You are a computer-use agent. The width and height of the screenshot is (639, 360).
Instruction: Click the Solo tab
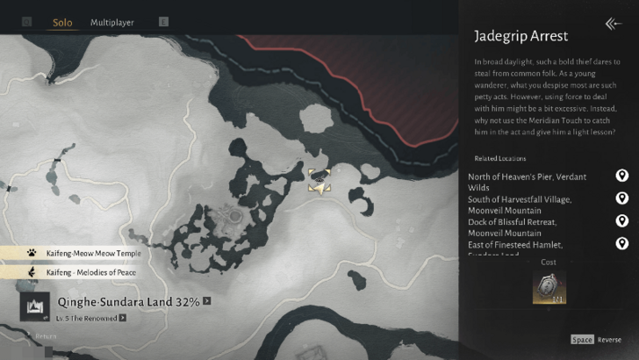[x=62, y=22]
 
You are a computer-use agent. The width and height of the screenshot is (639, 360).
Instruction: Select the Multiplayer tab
[x=112, y=22]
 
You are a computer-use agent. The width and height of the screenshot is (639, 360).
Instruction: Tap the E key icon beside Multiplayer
[x=162, y=22]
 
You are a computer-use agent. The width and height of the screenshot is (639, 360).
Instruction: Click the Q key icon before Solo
[x=26, y=22]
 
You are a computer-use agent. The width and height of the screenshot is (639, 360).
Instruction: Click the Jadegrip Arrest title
[x=521, y=37]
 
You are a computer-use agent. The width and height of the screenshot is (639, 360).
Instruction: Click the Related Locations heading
[x=499, y=159]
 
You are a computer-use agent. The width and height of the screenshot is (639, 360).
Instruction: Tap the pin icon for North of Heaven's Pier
[x=622, y=176]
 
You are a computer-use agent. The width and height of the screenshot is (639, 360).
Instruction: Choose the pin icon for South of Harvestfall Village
[x=622, y=199]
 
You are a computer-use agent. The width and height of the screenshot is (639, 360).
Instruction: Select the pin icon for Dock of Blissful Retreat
[x=622, y=221]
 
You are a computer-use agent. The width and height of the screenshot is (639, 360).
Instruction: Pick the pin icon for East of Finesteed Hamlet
[x=622, y=243]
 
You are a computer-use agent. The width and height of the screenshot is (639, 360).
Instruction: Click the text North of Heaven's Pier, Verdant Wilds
[x=527, y=182]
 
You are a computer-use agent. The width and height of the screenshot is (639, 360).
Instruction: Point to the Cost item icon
[x=549, y=286]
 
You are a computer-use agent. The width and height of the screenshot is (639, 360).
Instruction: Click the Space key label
[x=582, y=340]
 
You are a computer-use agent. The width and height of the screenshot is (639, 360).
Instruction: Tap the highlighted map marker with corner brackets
[x=319, y=182]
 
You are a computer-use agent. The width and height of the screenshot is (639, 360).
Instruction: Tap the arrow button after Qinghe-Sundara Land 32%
[x=207, y=301]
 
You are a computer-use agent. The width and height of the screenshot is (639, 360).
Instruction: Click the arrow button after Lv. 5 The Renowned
[x=123, y=318]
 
